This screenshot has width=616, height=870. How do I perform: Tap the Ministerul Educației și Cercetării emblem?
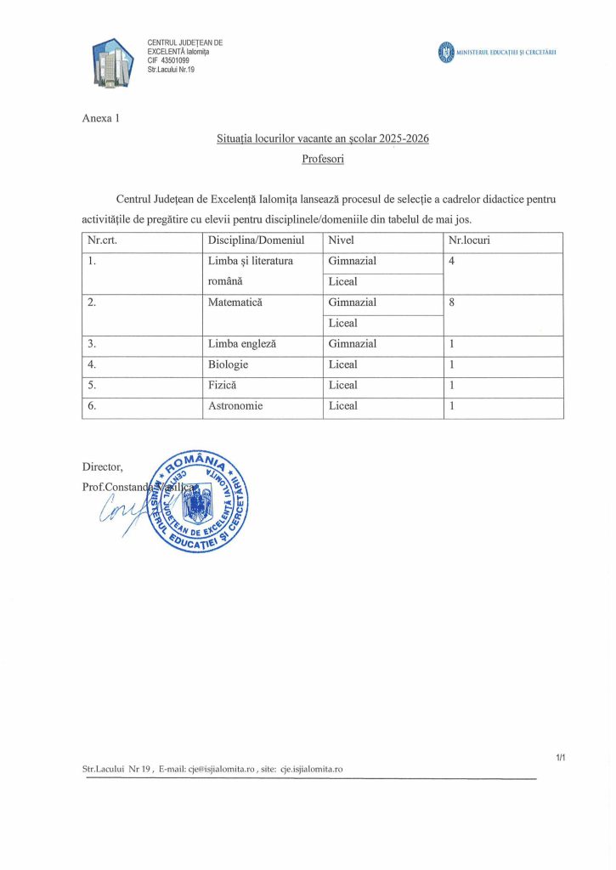click(x=445, y=54)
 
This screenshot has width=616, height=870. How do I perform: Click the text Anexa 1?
click(x=101, y=118)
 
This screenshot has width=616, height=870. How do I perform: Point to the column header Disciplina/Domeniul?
click(x=256, y=240)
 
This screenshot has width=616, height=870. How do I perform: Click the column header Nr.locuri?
click(x=469, y=240)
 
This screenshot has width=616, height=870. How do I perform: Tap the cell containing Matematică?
click(x=235, y=302)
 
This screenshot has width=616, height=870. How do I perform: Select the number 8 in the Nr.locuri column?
click(x=451, y=302)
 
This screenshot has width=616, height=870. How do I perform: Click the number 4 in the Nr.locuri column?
click(x=451, y=261)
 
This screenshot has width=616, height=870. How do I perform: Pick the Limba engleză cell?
click(x=243, y=344)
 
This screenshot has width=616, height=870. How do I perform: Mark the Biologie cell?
click(x=229, y=364)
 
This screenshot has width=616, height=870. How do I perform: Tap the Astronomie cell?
click(x=235, y=406)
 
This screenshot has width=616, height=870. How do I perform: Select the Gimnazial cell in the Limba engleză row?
click(x=353, y=344)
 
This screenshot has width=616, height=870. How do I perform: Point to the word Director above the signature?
click(x=103, y=466)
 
